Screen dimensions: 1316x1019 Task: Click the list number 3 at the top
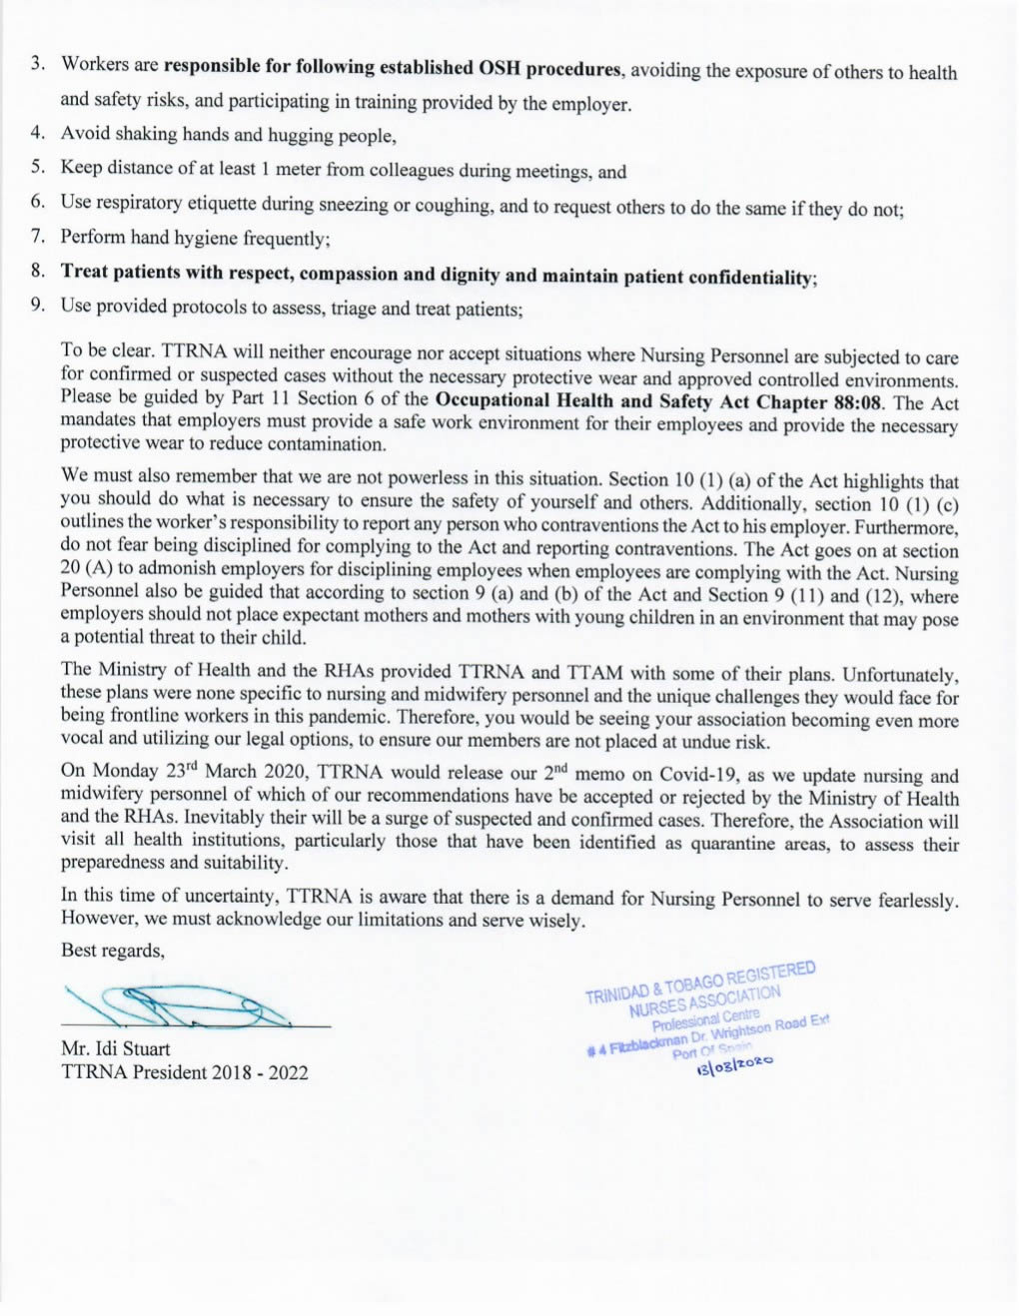(37, 63)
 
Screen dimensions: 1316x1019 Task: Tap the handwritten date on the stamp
(734, 1065)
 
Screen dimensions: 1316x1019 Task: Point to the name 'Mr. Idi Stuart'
(115, 1048)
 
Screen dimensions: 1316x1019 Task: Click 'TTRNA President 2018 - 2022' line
(184, 1072)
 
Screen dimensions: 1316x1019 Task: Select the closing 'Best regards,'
(112, 950)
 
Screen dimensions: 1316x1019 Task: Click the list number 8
(37, 270)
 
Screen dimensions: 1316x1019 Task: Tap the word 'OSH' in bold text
(500, 69)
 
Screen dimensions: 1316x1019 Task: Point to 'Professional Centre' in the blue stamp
(705, 1018)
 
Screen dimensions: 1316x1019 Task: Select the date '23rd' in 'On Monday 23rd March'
(181, 770)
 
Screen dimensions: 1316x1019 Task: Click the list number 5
(37, 167)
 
